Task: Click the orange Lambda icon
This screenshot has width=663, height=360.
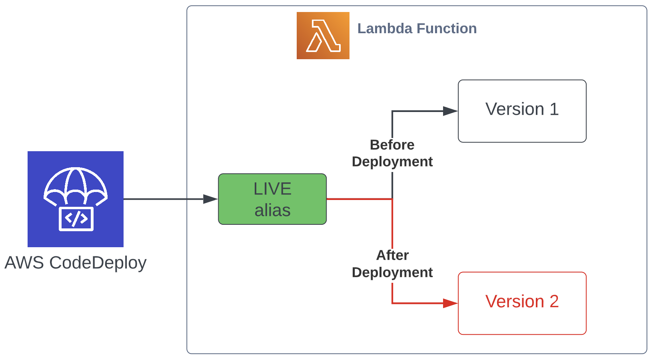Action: pos(323,36)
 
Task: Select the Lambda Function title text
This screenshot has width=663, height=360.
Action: pos(417,28)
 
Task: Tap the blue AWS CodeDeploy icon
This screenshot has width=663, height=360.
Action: pos(76,199)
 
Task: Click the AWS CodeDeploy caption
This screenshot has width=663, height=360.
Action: pos(76,263)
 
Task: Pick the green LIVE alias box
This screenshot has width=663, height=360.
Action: pos(272,199)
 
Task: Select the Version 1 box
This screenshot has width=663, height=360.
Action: pos(522,111)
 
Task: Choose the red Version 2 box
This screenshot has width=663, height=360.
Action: pos(522,303)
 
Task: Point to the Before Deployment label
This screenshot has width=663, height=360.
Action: pos(392,153)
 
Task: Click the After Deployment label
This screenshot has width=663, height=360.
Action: pos(392,264)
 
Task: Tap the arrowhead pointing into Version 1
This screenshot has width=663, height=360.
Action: pos(451,111)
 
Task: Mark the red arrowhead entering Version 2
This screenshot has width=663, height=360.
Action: pos(451,303)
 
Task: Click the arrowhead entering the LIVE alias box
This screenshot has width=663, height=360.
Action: pos(210,199)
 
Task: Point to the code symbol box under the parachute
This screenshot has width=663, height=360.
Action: pos(76,219)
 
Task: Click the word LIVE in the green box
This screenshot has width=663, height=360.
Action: pos(272,189)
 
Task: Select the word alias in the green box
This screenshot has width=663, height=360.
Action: pos(272,210)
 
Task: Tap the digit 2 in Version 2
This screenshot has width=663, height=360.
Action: pos(554,302)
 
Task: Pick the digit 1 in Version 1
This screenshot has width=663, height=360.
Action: pos(554,109)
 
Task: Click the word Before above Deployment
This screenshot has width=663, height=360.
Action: pos(392,145)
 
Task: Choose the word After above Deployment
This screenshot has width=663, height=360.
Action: pos(392,255)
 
